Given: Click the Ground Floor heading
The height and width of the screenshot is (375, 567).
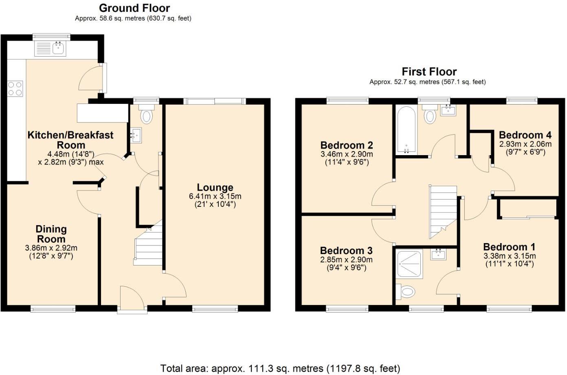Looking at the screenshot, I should click(134, 8).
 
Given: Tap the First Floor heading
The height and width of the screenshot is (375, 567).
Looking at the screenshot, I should click(429, 72).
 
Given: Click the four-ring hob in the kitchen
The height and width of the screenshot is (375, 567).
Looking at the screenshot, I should click(15, 89).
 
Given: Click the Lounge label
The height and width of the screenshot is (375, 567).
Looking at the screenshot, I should click(215, 187).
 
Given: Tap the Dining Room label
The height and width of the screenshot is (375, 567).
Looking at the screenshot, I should click(51, 234).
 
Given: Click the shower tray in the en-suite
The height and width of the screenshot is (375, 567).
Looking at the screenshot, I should click(410, 265).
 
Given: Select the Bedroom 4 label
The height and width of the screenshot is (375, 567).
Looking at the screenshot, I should click(525, 135).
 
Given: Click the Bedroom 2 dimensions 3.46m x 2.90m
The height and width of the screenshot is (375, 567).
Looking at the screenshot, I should click(347, 154).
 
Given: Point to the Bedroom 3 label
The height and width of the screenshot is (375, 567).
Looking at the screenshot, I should click(346, 250).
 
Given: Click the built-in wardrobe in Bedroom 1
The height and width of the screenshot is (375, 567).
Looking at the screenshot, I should click(528, 208).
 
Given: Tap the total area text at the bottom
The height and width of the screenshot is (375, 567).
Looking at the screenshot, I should click(280, 368).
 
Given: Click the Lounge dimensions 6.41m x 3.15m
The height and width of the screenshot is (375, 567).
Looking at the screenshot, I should click(215, 196).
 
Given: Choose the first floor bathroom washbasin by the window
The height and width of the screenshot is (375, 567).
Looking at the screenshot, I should click(448, 110).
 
